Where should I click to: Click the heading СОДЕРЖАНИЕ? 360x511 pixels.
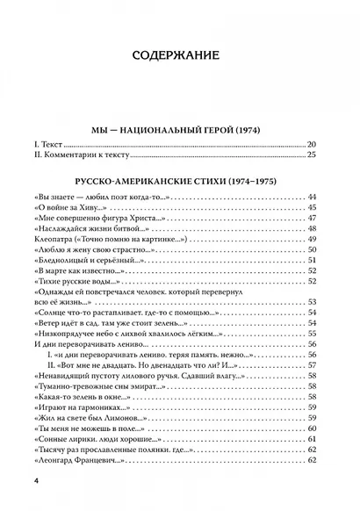(x=180, y=57)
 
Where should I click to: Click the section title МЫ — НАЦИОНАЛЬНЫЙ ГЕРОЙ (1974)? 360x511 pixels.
(x=179, y=130)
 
